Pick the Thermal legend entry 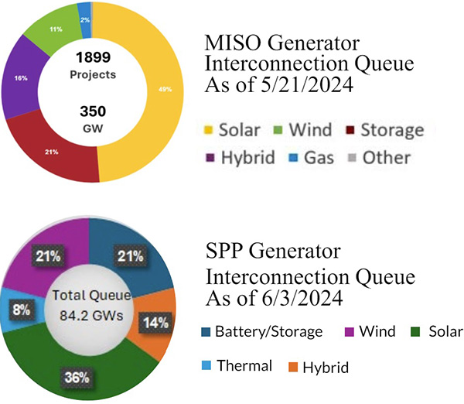(x=240, y=366)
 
